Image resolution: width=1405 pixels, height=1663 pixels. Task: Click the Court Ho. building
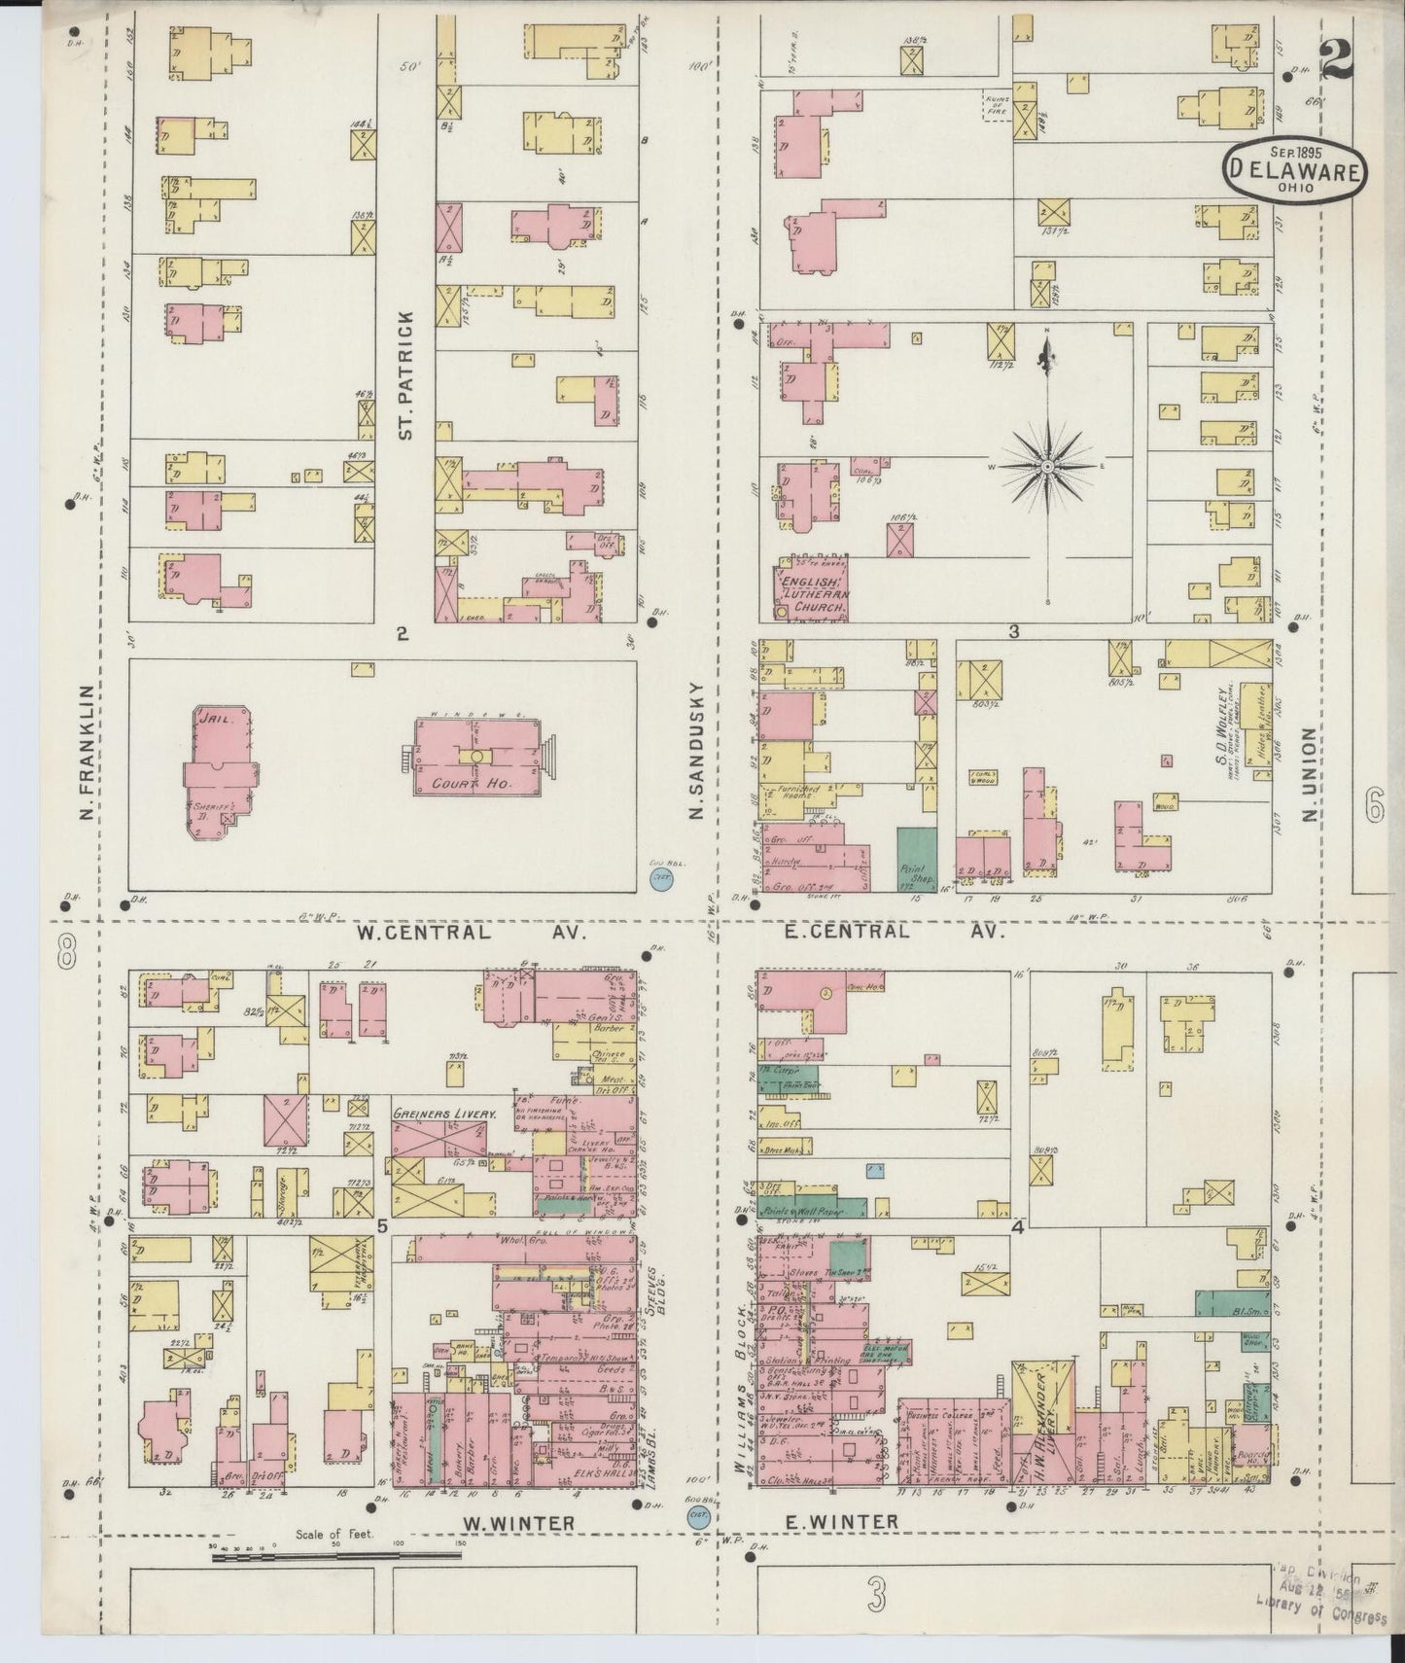click(476, 759)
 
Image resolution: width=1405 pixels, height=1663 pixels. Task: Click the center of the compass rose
click(1048, 468)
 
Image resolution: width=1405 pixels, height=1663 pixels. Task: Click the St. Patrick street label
click(405, 374)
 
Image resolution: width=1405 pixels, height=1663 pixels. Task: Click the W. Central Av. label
click(472, 932)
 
